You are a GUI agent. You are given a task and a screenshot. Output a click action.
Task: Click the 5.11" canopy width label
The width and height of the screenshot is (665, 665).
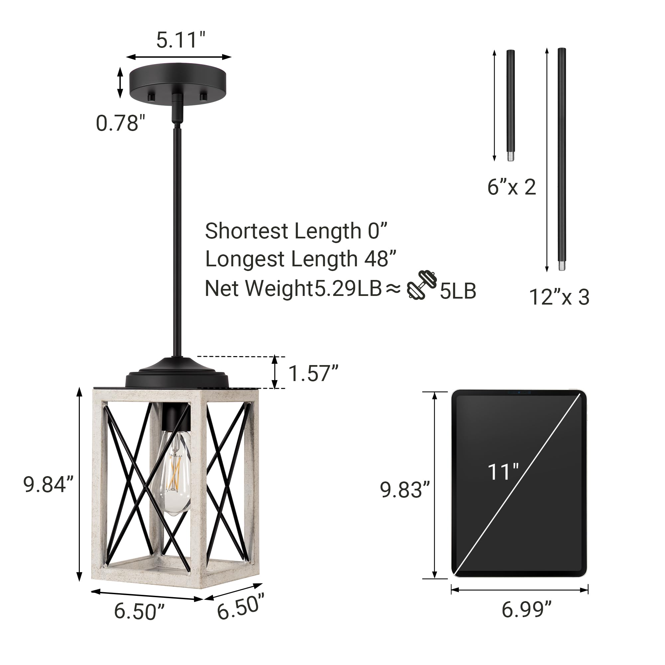180,40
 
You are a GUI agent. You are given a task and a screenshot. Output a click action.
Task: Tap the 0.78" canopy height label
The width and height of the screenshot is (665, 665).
120,123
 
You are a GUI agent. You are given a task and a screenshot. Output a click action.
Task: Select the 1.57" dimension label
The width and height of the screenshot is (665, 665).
313,373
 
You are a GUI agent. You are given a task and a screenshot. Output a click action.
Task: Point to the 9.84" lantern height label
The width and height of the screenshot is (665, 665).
48,485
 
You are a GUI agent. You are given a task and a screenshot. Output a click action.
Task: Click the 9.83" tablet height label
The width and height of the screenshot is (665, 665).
405,490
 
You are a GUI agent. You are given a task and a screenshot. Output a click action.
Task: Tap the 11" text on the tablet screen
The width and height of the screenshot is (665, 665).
503,472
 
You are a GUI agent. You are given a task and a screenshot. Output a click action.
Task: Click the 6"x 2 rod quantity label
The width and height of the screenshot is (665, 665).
511,187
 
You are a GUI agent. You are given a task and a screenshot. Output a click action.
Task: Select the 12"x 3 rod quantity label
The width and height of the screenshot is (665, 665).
559,297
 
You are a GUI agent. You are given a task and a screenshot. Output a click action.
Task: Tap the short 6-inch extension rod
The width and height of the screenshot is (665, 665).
510,103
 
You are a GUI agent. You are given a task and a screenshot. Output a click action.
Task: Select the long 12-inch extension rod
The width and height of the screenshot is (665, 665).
562,158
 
